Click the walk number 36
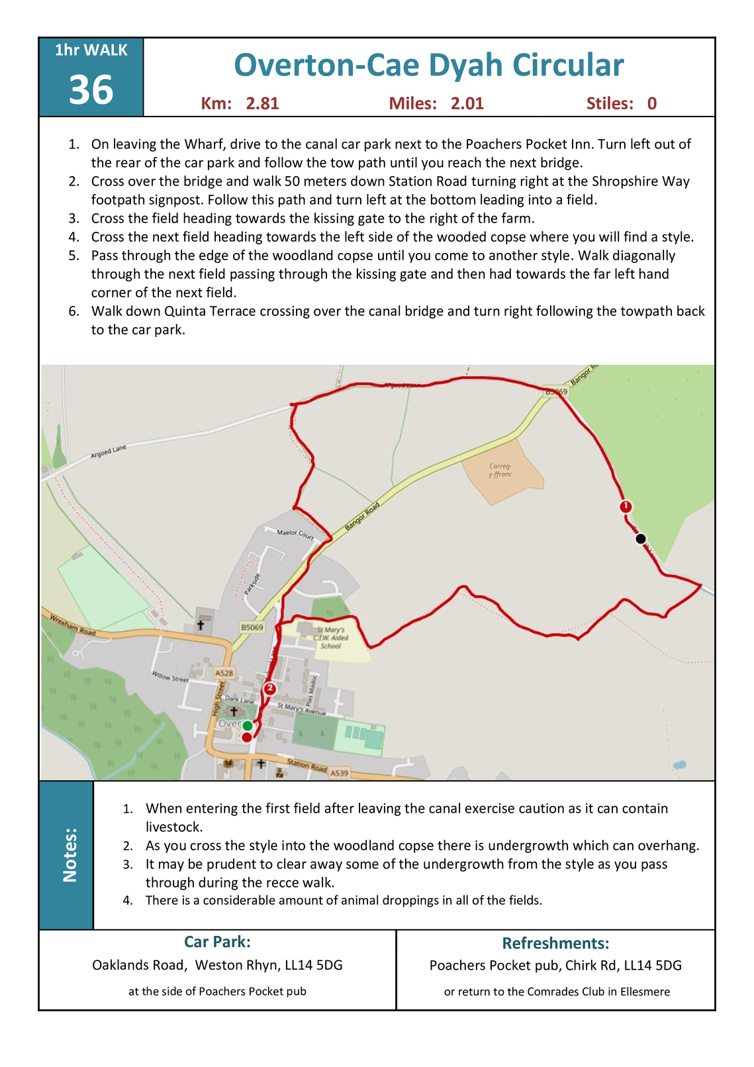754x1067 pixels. pyautogui.click(x=91, y=90)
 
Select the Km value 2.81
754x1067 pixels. pyautogui.click(x=262, y=103)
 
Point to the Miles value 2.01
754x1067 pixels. pyautogui.click(x=467, y=103)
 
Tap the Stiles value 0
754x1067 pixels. pyautogui.click(x=652, y=103)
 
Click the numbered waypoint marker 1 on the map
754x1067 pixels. pyautogui.click(x=626, y=507)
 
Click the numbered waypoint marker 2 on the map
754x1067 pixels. pyautogui.click(x=269, y=689)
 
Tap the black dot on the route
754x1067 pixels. pyautogui.click(x=640, y=539)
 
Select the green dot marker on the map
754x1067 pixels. pyautogui.click(x=247, y=725)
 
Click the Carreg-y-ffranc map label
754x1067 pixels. pyautogui.click(x=500, y=470)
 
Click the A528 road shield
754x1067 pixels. pyautogui.click(x=224, y=673)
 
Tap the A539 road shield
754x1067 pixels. pyautogui.click(x=339, y=772)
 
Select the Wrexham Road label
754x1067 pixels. pyautogui.click(x=69, y=625)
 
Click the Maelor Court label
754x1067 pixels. pyautogui.click(x=295, y=533)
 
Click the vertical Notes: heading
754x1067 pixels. pyautogui.click(x=70, y=854)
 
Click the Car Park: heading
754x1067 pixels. pyautogui.click(x=217, y=941)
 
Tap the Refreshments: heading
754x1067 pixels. pyautogui.click(x=555, y=942)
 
